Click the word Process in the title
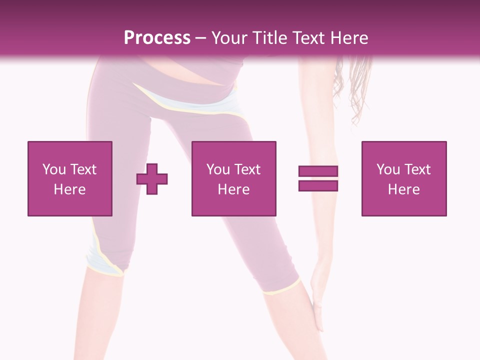point(157,38)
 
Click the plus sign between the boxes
point(152,178)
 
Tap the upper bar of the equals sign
point(318,171)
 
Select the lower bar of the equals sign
point(318,185)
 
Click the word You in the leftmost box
point(54,169)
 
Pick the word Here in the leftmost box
point(69,189)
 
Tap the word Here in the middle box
point(233,189)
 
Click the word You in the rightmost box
point(388,169)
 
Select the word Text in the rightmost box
point(417,169)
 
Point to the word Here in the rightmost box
point(403,189)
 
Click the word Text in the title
point(306,38)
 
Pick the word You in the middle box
point(218,169)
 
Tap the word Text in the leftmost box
point(83,169)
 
